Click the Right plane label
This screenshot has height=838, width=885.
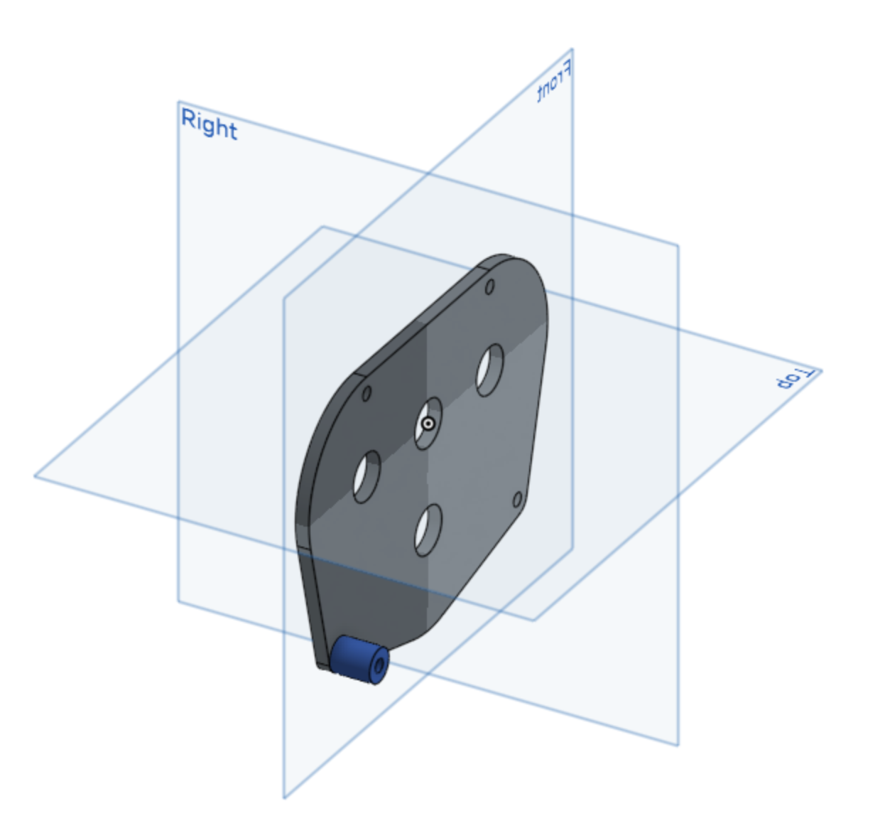coord(209,124)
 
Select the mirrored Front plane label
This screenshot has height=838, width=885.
coord(554,80)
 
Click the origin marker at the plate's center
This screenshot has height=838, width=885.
coord(428,424)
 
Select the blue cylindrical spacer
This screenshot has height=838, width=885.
coord(359,660)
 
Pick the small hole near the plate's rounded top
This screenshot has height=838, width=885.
coord(490,286)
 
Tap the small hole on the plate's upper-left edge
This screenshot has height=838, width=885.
coord(367,393)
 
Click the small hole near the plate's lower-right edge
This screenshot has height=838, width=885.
coord(518,500)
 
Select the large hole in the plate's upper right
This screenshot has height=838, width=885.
coord(490,370)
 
